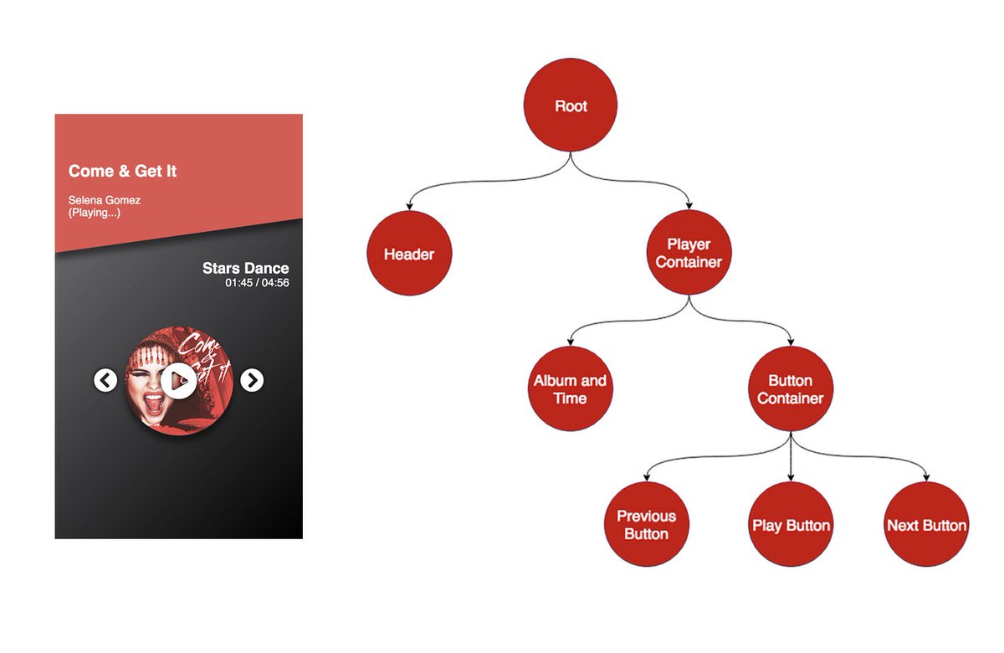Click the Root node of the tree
tap(571, 106)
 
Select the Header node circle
tap(409, 253)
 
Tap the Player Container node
tap(689, 253)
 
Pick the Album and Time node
tap(570, 388)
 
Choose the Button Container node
tap(790, 388)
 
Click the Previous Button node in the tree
tap(646, 525)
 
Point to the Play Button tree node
tap(791, 525)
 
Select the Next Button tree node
tap(926, 525)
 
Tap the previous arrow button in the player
tap(105, 380)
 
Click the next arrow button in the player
tap(252, 380)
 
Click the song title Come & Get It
tap(122, 172)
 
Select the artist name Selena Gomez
tap(105, 201)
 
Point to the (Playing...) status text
tap(94, 213)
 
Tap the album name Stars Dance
tap(245, 269)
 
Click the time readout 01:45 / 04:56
tap(257, 283)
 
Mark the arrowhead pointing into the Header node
tap(409, 207)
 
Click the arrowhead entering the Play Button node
tap(791, 478)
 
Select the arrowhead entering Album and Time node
tap(570, 342)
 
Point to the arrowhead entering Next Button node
tap(926, 478)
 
